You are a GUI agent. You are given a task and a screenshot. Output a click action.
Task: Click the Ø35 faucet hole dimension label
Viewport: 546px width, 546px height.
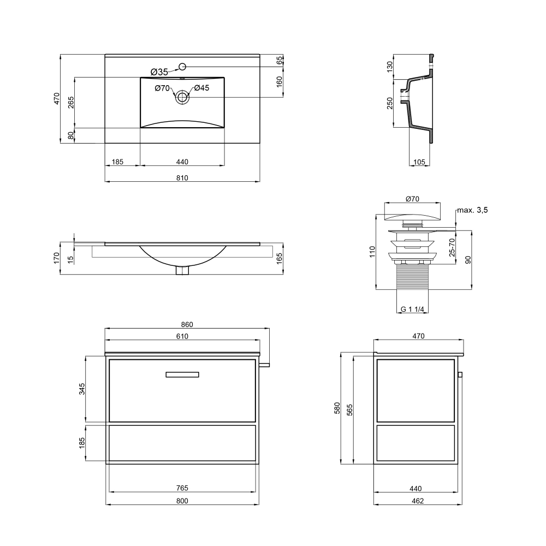coord(159,72)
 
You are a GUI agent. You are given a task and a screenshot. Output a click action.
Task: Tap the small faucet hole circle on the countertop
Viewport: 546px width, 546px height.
coord(182,66)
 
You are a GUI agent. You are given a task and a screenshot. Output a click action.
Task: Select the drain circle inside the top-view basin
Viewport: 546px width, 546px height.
coord(182,97)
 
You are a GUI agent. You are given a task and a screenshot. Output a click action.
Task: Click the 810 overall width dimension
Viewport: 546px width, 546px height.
coord(182,178)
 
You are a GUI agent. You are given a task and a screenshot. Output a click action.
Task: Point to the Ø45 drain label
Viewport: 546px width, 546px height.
coord(201,88)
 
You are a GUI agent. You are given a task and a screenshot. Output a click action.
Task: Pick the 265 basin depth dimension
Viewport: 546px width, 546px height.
coord(71,103)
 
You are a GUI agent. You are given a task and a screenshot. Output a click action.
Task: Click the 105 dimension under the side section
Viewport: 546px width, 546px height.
coord(419,162)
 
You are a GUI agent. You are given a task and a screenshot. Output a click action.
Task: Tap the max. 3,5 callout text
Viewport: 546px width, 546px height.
coord(472,210)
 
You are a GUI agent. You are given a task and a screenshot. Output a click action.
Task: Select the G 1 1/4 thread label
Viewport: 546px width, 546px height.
coord(412,309)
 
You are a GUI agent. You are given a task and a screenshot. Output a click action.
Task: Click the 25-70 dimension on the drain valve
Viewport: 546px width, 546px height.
coord(452,247)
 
